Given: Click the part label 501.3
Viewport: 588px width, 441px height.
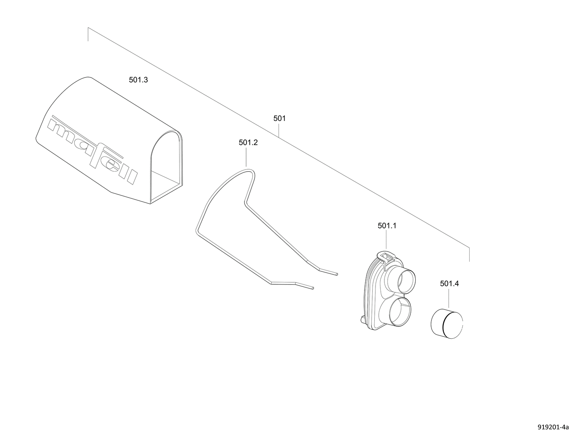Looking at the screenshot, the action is point(138,80).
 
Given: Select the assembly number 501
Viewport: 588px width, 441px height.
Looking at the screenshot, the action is point(279,118).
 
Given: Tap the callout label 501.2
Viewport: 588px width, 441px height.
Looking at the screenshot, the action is point(248,142).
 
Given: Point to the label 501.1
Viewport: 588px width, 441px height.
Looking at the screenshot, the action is point(387,226).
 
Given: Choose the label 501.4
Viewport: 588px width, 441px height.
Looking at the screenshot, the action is point(449,284).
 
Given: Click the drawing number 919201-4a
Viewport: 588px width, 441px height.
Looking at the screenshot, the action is point(553,427).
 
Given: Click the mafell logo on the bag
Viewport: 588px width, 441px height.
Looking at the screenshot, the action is point(92,150).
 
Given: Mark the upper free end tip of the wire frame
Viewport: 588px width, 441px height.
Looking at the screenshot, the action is point(337,274).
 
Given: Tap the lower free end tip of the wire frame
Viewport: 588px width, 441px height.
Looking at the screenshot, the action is point(313,288).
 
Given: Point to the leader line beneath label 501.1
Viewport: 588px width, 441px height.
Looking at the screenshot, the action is point(386,240).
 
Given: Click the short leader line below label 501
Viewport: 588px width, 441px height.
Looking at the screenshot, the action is point(279,130).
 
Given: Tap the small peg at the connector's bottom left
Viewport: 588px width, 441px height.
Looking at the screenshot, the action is point(362,319).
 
